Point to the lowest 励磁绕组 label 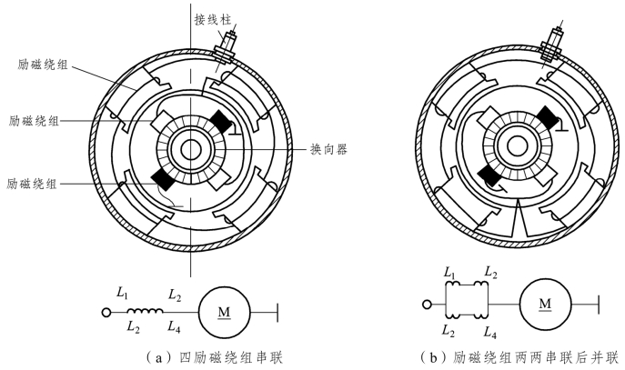pyautogui.click(x=33, y=183)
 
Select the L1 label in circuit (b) pyautogui.click(x=449, y=272)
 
